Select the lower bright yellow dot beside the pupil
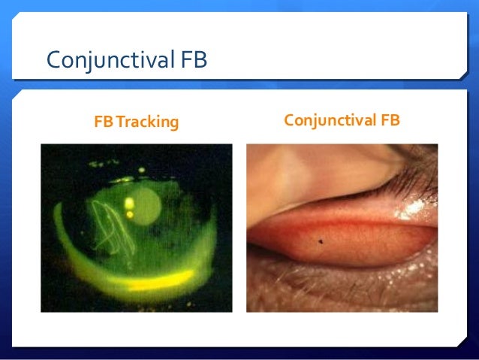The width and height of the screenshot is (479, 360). click(x=129, y=215)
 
